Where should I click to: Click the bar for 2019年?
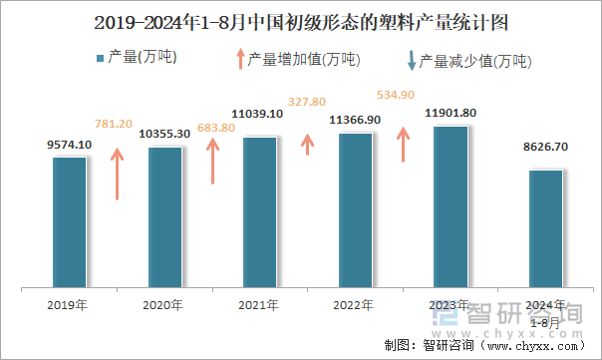tap(69, 220)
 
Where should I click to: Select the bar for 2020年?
tap(164, 216)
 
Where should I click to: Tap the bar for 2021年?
tap(260, 211)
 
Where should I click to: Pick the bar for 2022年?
tap(356, 208)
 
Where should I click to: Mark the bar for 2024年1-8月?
tap(545, 227)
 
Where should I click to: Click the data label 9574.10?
tap(70, 146)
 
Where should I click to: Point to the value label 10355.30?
tap(165, 133)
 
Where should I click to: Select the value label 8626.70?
tap(545, 147)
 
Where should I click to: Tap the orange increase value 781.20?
tap(114, 124)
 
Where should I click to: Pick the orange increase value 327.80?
tap(306, 102)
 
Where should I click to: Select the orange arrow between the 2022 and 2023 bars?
tap(403, 144)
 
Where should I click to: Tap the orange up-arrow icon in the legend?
tap(238, 60)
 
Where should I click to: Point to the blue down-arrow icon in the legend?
tap(411, 61)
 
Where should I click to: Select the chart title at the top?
tap(300, 20)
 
